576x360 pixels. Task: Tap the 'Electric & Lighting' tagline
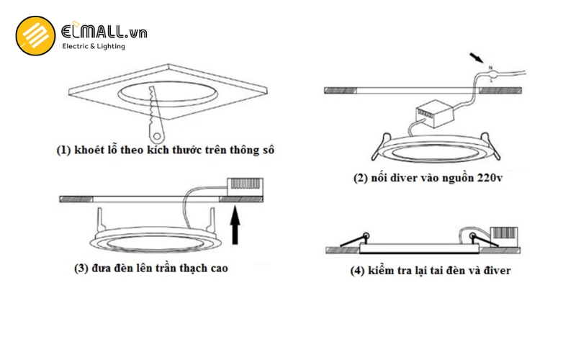(x=94, y=47)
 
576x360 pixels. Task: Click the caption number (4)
(x=358, y=271)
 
